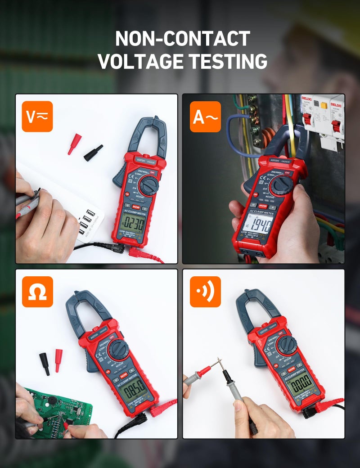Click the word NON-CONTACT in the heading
(182, 39)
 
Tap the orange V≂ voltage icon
(37, 116)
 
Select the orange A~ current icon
(205, 116)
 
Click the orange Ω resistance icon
(37, 292)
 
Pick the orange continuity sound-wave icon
(205, 292)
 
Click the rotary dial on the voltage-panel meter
(148, 185)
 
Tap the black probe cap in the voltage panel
(93, 153)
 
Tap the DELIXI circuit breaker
(322, 119)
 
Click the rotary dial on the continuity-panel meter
(286, 345)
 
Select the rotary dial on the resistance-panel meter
(118, 349)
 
